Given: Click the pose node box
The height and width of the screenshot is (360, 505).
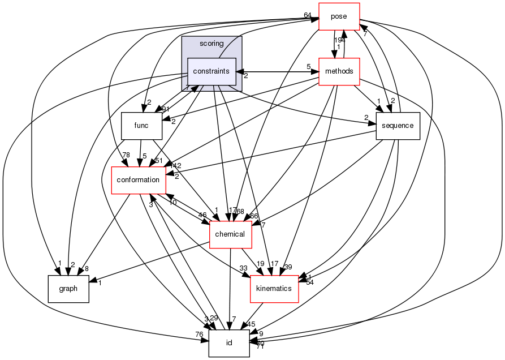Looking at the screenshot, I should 339,16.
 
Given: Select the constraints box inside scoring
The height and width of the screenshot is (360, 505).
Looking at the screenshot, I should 212,71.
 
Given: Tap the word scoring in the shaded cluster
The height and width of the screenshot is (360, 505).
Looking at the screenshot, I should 212,43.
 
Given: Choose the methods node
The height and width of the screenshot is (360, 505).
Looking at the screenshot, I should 339,71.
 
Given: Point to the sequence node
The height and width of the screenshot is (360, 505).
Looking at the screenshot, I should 398,126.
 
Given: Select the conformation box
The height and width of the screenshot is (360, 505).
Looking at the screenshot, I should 138,180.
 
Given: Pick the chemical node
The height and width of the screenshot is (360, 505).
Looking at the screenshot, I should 230,234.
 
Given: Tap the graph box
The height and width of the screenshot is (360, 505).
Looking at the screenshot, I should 68,289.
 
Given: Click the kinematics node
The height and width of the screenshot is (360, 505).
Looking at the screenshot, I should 274,289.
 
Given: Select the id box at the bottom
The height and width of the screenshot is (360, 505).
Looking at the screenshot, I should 229,343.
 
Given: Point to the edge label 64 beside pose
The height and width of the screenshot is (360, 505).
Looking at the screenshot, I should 308,15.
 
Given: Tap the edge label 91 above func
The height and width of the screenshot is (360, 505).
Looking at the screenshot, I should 166,109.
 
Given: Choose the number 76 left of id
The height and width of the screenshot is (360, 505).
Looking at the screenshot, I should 200,335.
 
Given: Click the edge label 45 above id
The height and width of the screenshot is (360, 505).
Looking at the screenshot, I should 251,325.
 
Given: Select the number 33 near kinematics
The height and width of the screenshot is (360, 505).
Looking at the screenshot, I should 244,268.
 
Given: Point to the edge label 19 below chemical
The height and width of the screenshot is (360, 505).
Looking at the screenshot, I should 261,264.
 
